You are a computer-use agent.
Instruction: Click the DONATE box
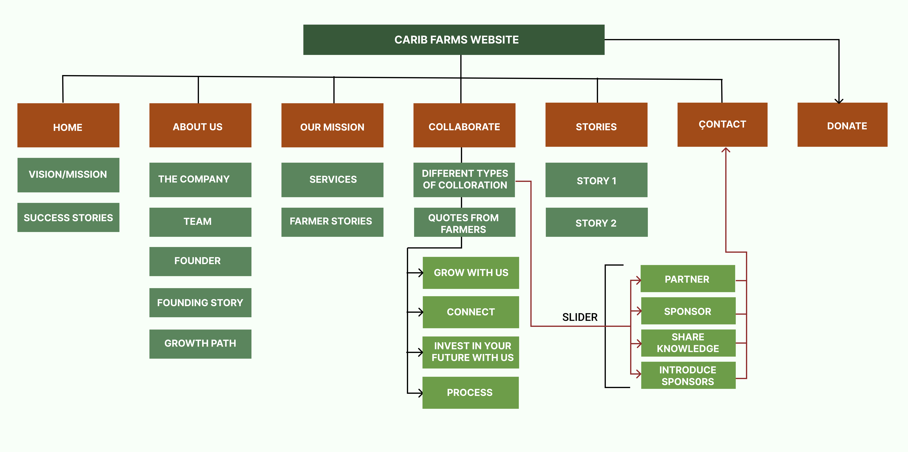pos(842,125)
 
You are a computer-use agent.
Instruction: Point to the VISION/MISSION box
pos(68,175)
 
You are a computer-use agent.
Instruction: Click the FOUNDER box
pos(200,261)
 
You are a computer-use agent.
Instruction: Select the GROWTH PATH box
pos(200,344)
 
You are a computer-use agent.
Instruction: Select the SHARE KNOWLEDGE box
pos(688,343)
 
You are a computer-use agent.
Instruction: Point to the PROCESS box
pos(471,392)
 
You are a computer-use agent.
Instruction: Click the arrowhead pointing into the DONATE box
pos(839,101)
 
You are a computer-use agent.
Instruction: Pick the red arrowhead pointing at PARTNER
pos(638,281)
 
